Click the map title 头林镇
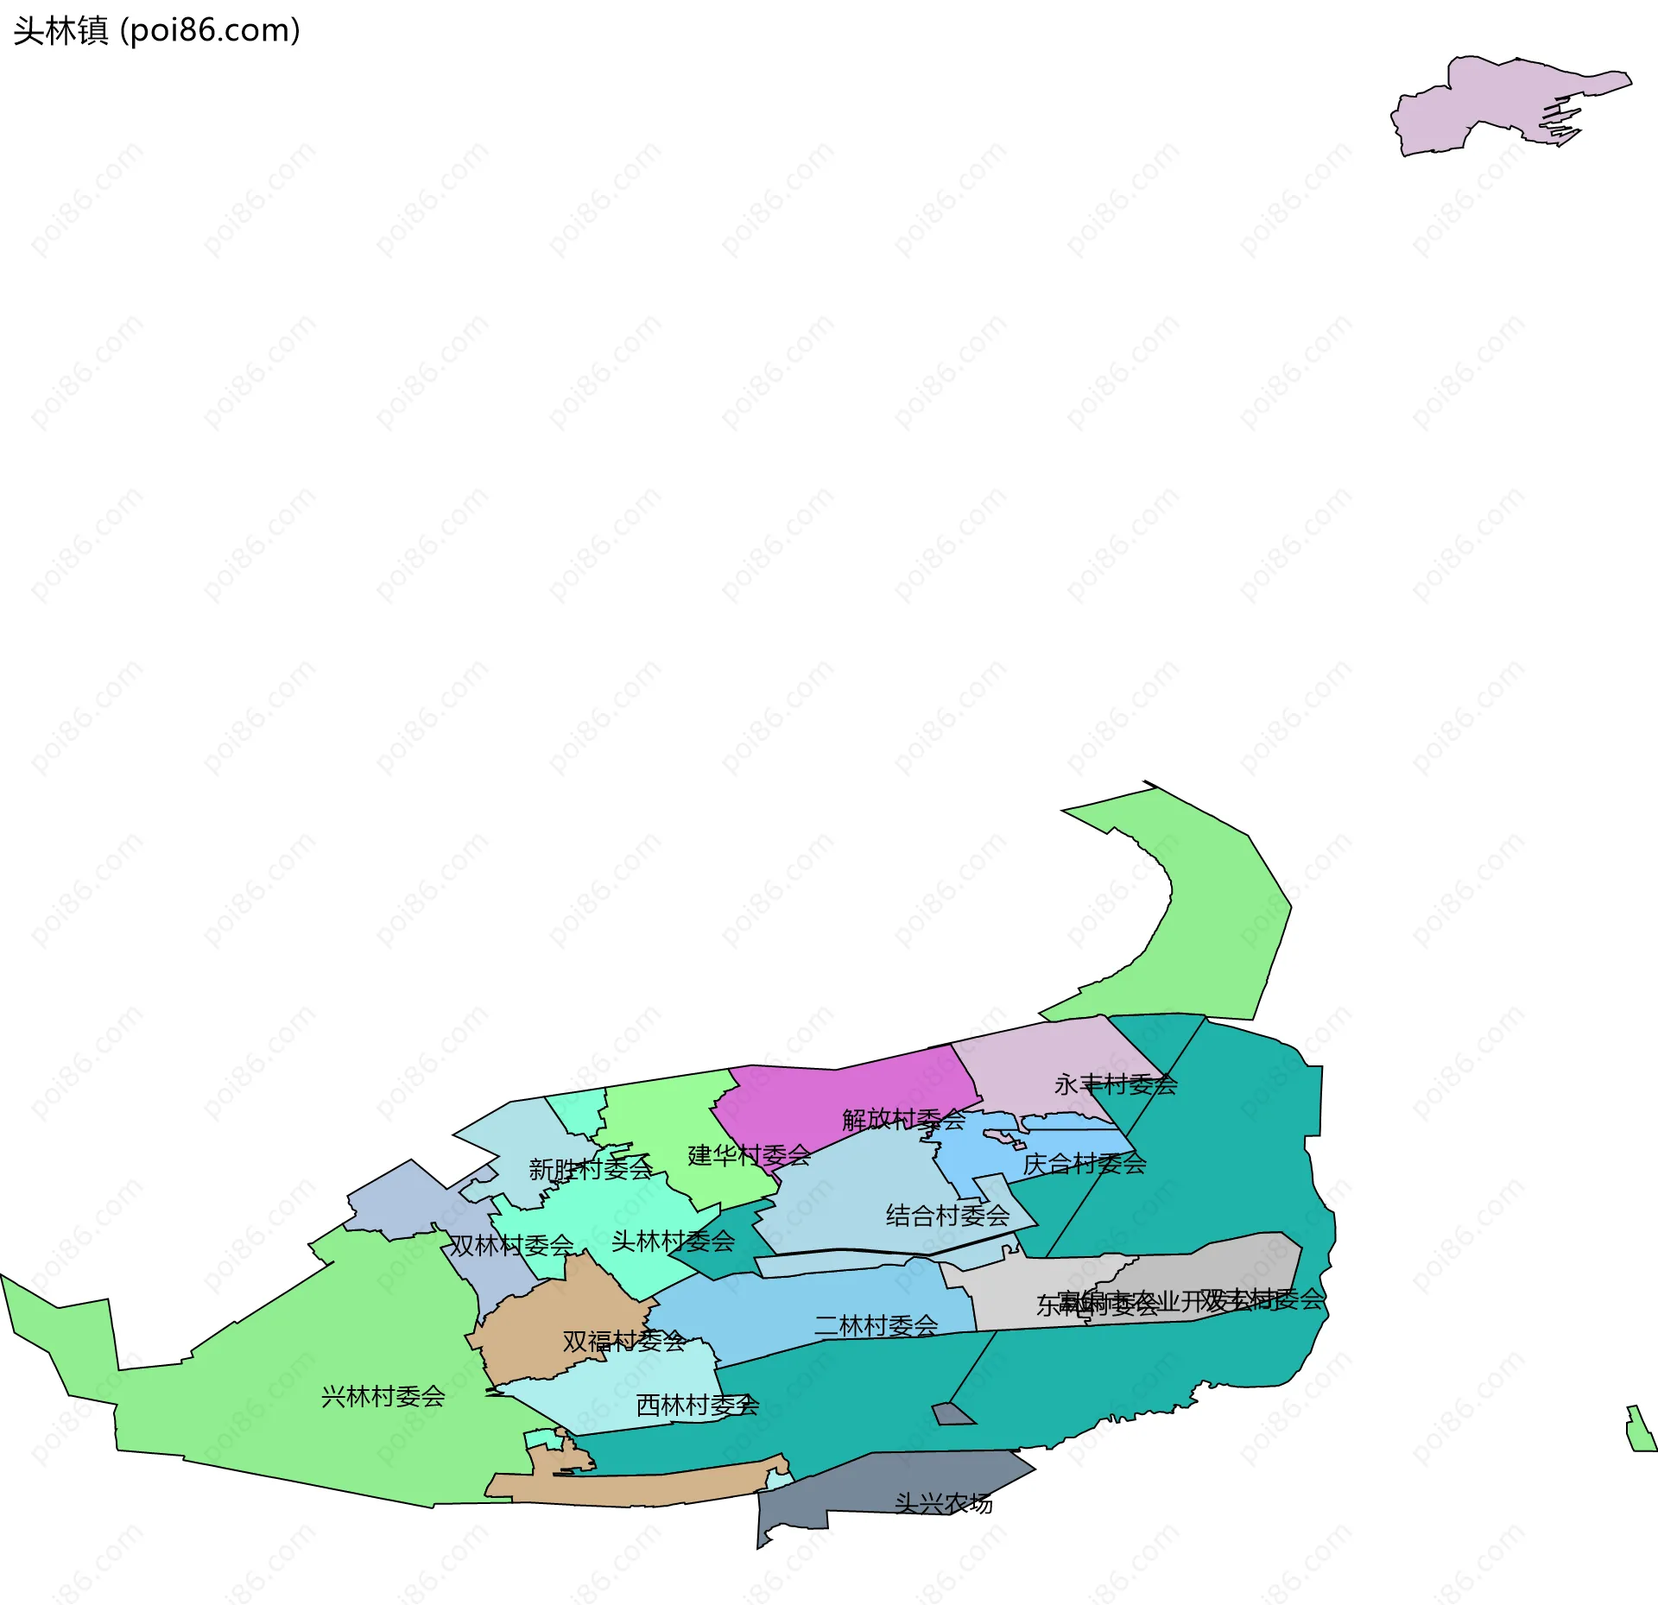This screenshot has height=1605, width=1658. [x=60, y=31]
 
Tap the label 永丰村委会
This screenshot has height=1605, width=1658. [x=1115, y=1084]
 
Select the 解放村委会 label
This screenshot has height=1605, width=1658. [x=903, y=1120]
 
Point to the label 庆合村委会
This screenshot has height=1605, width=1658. [x=1084, y=1164]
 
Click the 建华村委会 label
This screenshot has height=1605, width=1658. [x=749, y=1155]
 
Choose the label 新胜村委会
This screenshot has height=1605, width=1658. [x=590, y=1169]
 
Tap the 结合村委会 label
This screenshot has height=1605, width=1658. [x=947, y=1216]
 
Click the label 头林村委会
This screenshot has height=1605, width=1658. [x=673, y=1242]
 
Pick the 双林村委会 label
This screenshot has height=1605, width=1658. [x=511, y=1245]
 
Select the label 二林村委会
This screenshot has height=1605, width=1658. [x=876, y=1325]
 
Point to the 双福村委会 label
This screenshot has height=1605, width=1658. [x=623, y=1341]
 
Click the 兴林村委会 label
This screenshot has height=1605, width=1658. [x=383, y=1396]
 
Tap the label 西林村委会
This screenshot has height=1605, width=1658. [x=697, y=1406]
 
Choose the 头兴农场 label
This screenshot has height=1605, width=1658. [x=943, y=1503]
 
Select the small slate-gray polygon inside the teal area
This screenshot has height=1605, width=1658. [x=951, y=1413]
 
